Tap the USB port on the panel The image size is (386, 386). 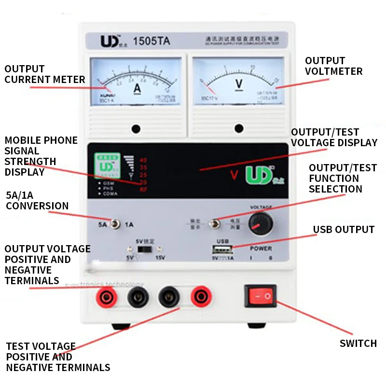pos(222,250)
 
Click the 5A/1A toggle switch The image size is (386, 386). pos(115,224)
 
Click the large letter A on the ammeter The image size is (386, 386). pos(137,89)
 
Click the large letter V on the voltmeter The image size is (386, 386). pos(239,83)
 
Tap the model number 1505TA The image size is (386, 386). pos(152,41)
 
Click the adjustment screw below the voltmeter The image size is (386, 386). pos(239,128)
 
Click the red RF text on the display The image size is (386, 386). pos(143,190)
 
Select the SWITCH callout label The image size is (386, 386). pos(358,344)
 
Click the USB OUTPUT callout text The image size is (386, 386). pos(344,230)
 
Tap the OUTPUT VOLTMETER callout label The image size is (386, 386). pos(333,66)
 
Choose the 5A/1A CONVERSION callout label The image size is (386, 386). pos(37,201)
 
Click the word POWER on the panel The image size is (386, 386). pos(261,249)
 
